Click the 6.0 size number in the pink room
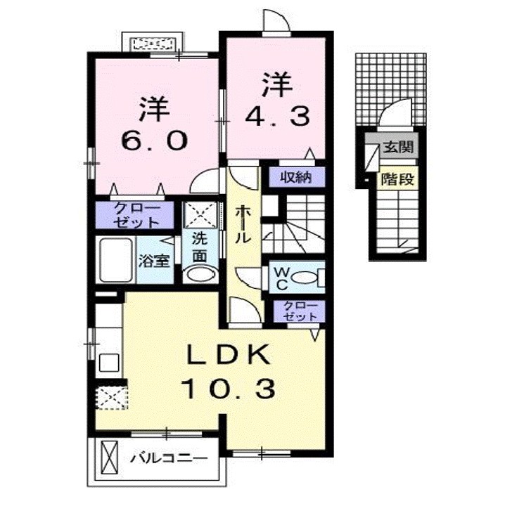(x=154, y=141)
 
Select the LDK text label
(x=229, y=356)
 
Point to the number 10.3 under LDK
(x=229, y=387)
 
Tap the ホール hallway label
(x=241, y=224)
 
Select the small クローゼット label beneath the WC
(x=300, y=311)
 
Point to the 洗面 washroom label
(x=200, y=248)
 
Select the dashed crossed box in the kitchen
(x=111, y=397)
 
